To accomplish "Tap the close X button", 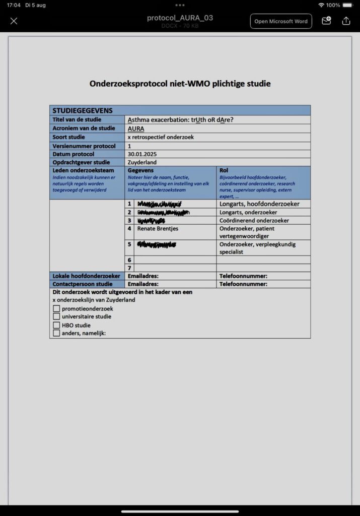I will coord(14,21).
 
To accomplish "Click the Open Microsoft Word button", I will coord(281,21).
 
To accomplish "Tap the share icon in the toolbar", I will coord(346,21).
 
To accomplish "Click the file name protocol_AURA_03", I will coord(180,18).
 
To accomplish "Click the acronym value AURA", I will coord(136,128).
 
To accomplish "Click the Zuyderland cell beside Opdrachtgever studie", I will coord(142,163).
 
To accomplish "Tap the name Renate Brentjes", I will coord(158,229).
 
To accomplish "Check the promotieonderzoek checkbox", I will coord(56,309).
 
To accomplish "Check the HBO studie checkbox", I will coord(56,325).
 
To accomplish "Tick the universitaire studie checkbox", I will coord(56,317).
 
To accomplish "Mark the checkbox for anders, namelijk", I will coord(56,333).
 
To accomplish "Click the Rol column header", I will coord(224,171).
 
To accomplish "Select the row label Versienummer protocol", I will coord(83,146).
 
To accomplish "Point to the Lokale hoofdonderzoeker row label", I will coord(86,276).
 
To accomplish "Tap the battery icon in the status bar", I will coord(347,5).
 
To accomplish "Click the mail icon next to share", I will coord(326,21).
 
